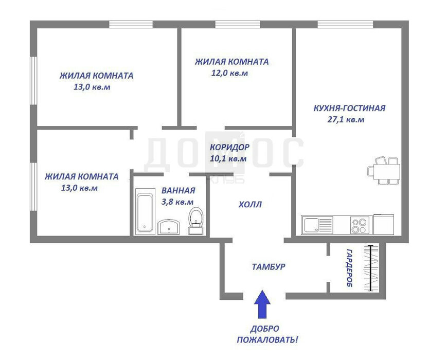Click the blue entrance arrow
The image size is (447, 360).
pyautogui.click(x=262, y=304)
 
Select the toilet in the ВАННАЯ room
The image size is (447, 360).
pyautogui.click(x=196, y=221)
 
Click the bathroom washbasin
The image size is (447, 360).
pyautogui.click(x=169, y=227)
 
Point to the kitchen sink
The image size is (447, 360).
pyautogui.click(x=317, y=225)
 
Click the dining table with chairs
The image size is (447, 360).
pyautogui.click(x=384, y=170)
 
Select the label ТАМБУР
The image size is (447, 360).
pyautogui.click(x=269, y=267)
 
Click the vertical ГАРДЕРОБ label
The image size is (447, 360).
pyautogui.click(x=349, y=268)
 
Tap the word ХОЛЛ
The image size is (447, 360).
pyautogui.click(x=250, y=205)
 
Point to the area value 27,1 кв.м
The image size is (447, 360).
pyautogui.click(x=346, y=119)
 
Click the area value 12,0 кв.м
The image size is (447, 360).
pyautogui.click(x=229, y=73)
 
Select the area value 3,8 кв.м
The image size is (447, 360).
pyautogui.click(x=177, y=202)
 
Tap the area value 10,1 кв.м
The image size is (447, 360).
pyautogui.click(x=228, y=158)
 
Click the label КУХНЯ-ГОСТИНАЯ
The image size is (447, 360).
pyautogui.click(x=349, y=109)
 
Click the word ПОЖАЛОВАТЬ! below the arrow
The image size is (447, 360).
pyautogui.click(x=267, y=340)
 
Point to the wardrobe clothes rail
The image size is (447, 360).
pyautogui.click(x=370, y=268)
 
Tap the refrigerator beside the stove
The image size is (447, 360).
pyautogui.click(x=384, y=224)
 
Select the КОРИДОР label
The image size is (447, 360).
pyautogui.click(x=229, y=148)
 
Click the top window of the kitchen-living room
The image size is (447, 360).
pyautogui.click(x=345, y=24)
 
